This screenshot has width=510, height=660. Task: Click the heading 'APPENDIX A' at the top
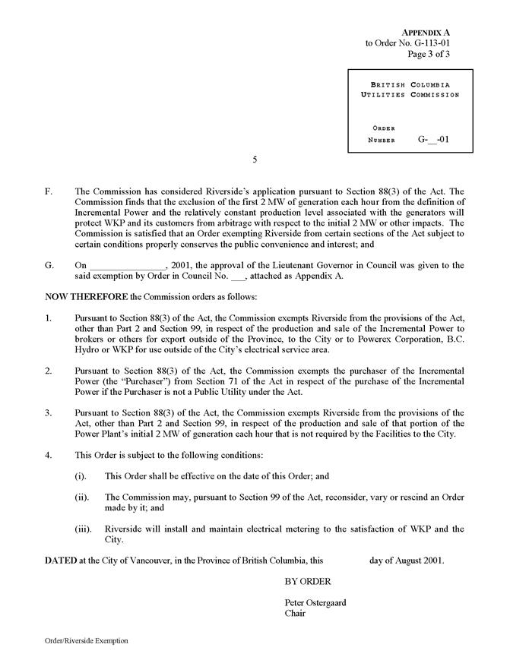tap(426, 32)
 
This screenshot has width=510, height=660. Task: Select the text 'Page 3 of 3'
tap(429, 54)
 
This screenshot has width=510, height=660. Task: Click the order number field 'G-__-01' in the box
tap(434, 140)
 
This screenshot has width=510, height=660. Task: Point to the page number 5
tap(255, 160)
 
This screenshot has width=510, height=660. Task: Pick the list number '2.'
tap(49, 371)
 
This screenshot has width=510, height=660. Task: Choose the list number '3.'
tap(49, 414)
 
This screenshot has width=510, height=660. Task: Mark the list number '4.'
tap(49, 455)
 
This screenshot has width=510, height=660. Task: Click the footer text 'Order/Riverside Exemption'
tap(86, 641)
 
